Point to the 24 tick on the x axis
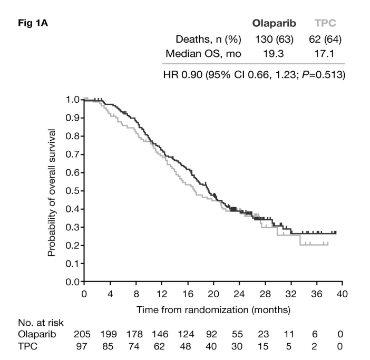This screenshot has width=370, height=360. tap(239, 294)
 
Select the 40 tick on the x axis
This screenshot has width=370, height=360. tap(342, 294)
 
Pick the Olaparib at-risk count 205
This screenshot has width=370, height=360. tap(84, 335)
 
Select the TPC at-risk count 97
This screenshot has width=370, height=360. tap(84, 346)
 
